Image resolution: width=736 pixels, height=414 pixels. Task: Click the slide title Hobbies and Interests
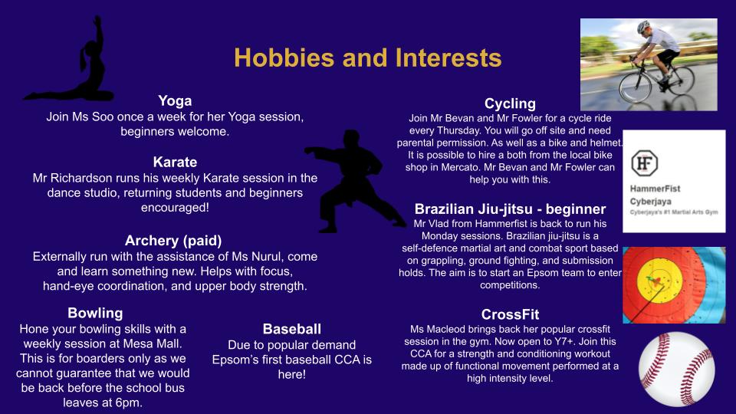[x=367, y=58]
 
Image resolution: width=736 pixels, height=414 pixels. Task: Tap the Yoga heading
[x=175, y=101]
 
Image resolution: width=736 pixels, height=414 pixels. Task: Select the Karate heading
[x=175, y=162]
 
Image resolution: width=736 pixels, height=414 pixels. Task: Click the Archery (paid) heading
[x=173, y=241]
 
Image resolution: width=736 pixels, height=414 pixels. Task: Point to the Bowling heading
[x=95, y=313]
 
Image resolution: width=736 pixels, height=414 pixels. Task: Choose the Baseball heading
[x=292, y=329]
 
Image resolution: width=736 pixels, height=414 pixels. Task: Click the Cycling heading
[x=510, y=103]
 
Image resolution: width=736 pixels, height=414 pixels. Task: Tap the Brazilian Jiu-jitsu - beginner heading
[x=510, y=209]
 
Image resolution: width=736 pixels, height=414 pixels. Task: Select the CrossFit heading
[x=510, y=314]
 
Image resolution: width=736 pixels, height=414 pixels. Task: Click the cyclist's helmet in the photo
[x=643, y=26]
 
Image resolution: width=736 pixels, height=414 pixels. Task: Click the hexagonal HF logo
[x=645, y=163]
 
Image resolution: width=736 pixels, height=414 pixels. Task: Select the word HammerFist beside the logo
[x=655, y=189]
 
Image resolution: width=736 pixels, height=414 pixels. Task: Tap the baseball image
[x=676, y=369]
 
